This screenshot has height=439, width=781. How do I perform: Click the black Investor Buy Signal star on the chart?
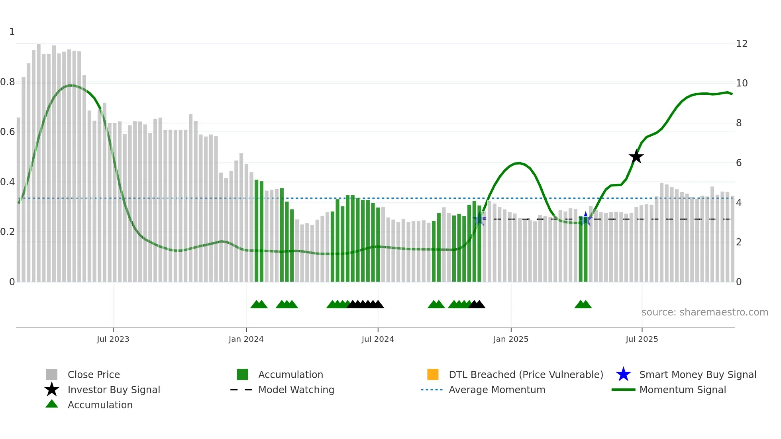636,157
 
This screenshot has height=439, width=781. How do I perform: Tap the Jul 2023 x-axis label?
113,339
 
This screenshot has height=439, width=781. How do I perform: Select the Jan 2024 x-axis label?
246,339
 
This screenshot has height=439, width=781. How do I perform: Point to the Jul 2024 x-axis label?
377,339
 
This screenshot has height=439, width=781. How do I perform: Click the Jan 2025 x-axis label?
510,339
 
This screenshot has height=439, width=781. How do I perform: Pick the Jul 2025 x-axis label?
642,339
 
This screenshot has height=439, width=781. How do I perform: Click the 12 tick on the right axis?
741,44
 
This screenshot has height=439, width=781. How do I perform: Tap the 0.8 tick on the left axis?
8,82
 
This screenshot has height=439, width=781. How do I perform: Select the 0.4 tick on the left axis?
8,182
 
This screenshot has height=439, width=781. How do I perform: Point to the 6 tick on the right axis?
738,163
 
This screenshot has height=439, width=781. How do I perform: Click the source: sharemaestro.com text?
704,312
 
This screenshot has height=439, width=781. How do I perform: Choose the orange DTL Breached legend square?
433,374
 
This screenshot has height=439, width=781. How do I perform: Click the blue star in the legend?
623,374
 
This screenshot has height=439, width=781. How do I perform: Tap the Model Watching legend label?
296,390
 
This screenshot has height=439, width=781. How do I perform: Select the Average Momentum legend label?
497,390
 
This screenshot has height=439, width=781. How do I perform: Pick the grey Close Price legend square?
52,374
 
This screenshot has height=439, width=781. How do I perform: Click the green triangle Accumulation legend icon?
52,404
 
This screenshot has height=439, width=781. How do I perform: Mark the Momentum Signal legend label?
682,390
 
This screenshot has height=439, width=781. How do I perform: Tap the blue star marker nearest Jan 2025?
479,219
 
